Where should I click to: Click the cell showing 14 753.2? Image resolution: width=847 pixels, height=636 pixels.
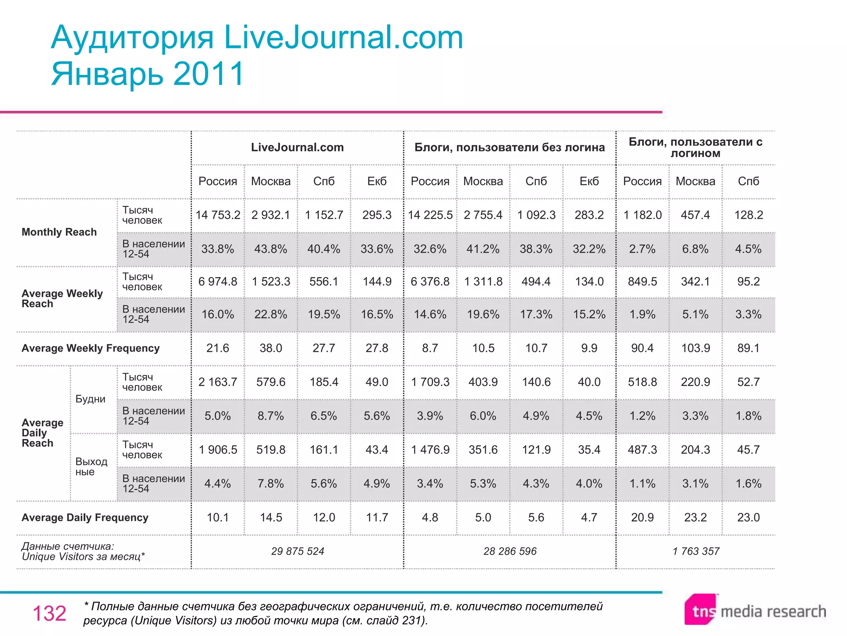coord(218,215)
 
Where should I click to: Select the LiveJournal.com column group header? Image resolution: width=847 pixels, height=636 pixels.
coord(297,147)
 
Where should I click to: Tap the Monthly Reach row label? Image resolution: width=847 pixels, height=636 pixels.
coord(59,232)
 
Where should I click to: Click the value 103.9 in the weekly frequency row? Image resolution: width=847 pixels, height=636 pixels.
coord(695,348)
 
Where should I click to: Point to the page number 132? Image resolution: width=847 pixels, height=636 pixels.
coord(49,613)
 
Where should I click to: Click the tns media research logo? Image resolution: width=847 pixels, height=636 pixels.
coord(755,610)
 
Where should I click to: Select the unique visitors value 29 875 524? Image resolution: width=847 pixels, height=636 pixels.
coord(297,551)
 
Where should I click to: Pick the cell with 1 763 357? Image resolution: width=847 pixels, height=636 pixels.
coord(696,551)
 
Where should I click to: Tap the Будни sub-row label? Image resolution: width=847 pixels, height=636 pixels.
coord(90,399)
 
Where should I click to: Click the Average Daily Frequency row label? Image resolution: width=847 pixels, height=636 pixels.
coord(85,518)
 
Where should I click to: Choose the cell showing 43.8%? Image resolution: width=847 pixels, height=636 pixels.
coord(270,249)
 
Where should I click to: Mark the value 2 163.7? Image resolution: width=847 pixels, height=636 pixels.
coord(218,382)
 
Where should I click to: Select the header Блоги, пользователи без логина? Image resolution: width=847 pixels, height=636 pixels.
coord(510,147)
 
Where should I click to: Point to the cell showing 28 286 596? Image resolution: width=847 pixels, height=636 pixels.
coord(510,551)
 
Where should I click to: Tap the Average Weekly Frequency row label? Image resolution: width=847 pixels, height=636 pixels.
coord(90,348)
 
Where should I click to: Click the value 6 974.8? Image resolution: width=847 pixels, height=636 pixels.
coord(218,282)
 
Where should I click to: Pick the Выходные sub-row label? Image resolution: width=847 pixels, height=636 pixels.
coord(91,467)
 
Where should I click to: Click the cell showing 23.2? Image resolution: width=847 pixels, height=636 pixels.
coord(695,517)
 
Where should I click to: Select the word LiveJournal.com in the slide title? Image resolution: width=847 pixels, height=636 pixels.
coord(343,37)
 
